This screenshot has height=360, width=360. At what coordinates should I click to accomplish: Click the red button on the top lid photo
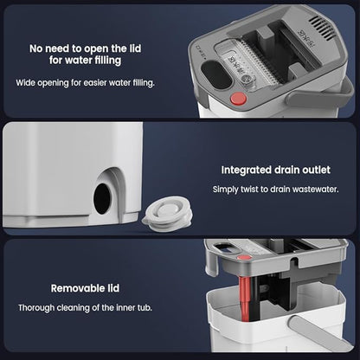click(x=238, y=99)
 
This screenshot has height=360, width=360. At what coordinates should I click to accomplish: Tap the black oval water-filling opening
click(x=216, y=74)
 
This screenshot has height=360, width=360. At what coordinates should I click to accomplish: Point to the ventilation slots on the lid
click(x=323, y=27)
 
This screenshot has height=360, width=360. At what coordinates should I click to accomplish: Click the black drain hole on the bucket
click(x=102, y=199)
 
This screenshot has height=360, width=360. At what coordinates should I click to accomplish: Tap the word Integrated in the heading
click(x=246, y=170)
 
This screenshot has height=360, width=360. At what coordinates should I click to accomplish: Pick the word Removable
click(x=73, y=288)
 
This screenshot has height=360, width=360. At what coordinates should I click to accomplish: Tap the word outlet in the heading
click(x=316, y=170)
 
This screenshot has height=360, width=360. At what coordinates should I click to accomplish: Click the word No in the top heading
click(x=35, y=48)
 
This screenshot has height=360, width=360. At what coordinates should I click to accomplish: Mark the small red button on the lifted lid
click(x=244, y=257)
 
